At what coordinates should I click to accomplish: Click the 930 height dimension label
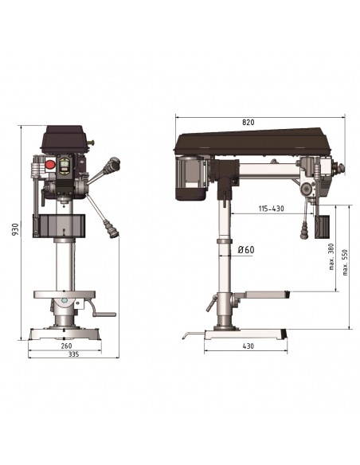pyautogui.click(x=15, y=229)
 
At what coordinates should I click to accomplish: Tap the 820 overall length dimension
pyautogui.click(x=248, y=122)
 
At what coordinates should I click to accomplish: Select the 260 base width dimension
pyautogui.click(x=66, y=346)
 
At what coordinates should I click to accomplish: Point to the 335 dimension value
pyautogui.click(x=73, y=354)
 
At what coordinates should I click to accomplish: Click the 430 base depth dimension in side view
pyautogui.click(x=248, y=346)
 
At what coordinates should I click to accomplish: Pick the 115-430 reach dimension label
pyautogui.click(x=271, y=209)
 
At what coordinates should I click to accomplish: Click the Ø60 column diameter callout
pyautogui.click(x=246, y=250)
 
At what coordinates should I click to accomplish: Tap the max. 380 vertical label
pyautogui.click(x=331, y=256)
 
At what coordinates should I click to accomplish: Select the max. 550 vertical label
pyautogui.click(x=345, y=263)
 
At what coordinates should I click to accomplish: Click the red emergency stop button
pyautogui.click(x=50, y=164)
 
